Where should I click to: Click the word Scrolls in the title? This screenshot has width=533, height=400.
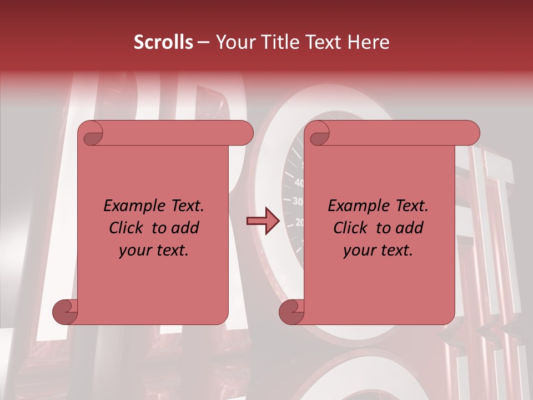click(x=164, y=42)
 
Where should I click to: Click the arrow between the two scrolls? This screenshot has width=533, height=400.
click(x=263, y=221)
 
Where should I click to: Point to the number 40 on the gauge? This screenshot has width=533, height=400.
click(x=299, y=182)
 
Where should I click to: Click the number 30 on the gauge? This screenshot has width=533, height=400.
click(x=298, y=201)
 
